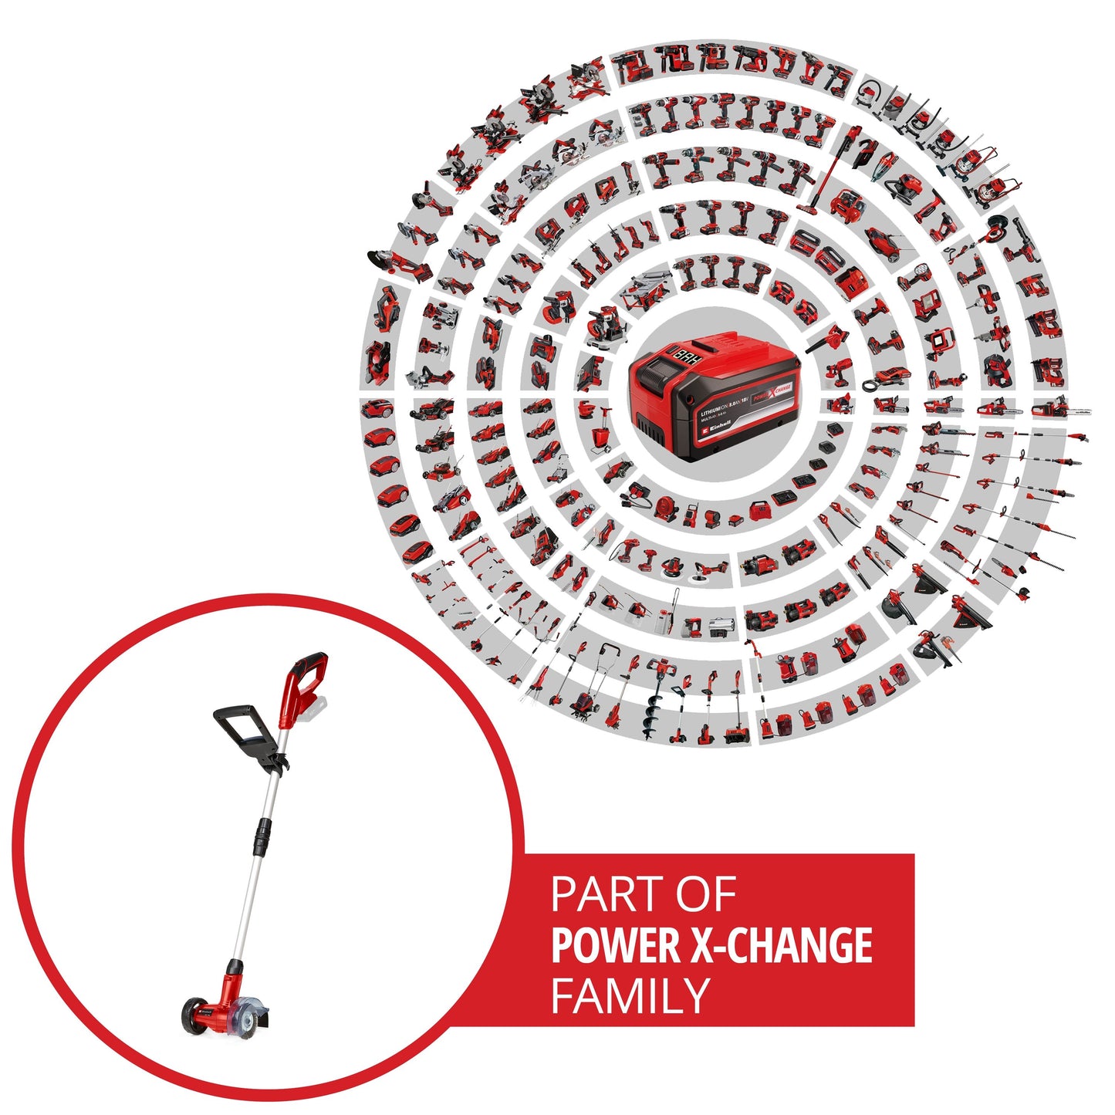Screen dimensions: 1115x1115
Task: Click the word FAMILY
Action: pos(630,996)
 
